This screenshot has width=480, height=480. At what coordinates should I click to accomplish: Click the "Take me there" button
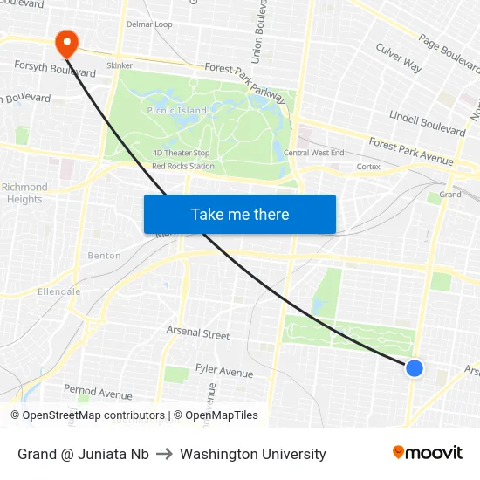(240, 214)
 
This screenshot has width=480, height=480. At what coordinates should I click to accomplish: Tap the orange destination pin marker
(65, 43)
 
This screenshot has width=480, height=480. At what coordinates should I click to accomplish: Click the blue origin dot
(415, 368)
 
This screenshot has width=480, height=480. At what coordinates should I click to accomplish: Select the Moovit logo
(428, 452)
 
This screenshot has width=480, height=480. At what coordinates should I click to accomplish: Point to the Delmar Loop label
(149, 24)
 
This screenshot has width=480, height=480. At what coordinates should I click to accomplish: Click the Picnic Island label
(177, 111)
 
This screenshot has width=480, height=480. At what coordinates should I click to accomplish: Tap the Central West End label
(313, 153)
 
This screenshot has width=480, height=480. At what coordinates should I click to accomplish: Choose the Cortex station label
(367, 166)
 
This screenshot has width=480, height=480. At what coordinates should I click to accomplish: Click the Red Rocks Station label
(183, 166)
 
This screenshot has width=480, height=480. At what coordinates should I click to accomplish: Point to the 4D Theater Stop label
(181, 153)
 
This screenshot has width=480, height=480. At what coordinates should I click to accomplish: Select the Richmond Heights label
(24, 193)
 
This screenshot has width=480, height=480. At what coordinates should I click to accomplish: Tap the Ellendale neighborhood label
(58, 291)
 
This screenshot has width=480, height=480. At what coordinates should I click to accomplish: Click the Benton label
(105, 256)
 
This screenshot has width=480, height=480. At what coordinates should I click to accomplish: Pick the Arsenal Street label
(198, 333)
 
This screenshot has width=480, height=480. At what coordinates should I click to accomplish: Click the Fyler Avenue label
(224, 372)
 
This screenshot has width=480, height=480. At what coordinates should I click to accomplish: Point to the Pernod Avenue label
(98, 394)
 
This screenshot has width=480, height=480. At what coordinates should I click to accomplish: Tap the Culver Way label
(399, 58)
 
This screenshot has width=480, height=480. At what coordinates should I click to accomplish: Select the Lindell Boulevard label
(428, 123)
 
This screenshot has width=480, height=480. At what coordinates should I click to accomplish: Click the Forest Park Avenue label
(410, 152)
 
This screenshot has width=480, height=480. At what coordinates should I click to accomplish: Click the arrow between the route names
(164, 454)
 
